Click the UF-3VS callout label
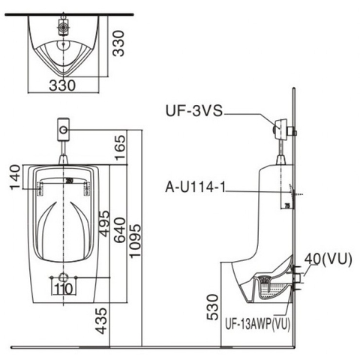(x=193, y=111)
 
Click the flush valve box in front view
(x=64, y=129)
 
